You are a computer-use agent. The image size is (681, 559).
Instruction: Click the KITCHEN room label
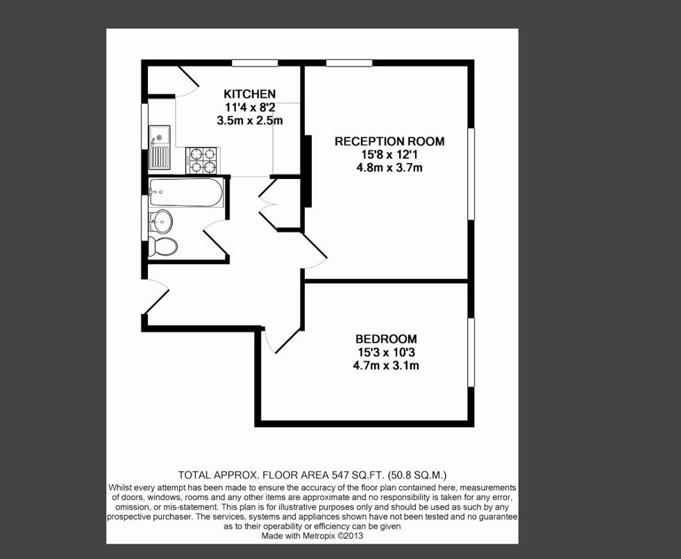[x=249, y=94]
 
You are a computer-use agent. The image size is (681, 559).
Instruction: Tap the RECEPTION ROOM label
[x=389, y=141]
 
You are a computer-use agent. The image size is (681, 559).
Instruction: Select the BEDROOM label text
[x=386, y=339]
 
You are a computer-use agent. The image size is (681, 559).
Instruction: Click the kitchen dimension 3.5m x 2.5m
[x=249, y=120]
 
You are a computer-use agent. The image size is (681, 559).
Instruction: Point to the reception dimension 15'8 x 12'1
[x=389, y=155]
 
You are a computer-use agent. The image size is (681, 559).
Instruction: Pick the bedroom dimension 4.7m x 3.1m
[x=386, y=365]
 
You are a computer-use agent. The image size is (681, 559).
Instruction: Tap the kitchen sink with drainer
[x=159, y=147]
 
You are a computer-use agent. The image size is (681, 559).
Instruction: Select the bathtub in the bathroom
[x=185, y=192]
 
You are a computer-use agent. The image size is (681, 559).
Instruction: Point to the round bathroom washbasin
[x=162, y=221]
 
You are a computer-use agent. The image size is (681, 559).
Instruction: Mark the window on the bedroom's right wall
[x=471, y=352]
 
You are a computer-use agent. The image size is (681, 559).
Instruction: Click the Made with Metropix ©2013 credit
[x=312, y=535]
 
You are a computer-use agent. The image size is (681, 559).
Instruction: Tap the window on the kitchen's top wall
[x=255, y=63]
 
